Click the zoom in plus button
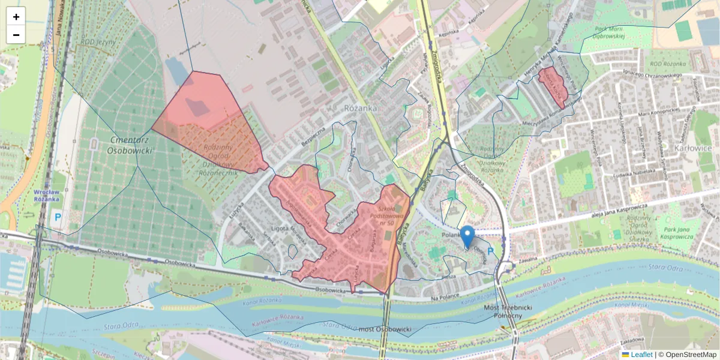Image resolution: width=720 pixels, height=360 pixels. tap(16, 17)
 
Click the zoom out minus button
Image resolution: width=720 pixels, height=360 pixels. tap(16, 35)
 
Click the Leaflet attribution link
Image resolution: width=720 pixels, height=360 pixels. tap(641, 355)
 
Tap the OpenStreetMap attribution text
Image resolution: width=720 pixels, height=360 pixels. tap(691, 355)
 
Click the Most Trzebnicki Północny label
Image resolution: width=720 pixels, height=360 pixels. tap(508, 311)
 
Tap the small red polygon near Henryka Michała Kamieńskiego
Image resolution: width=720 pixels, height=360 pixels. tap(553, 86)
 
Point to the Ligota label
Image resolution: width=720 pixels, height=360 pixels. tap(281, 227)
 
